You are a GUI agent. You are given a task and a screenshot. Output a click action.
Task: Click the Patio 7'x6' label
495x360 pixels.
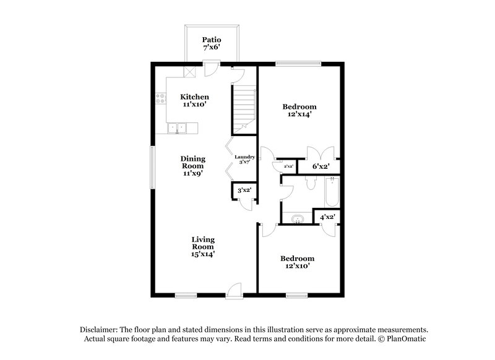point(212,43)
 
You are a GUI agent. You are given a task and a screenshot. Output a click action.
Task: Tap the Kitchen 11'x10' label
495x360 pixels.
point(194,101)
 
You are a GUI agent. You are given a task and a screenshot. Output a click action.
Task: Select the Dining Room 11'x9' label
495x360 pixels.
point(193,166)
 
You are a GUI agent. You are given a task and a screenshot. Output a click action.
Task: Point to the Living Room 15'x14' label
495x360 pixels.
point(203,246)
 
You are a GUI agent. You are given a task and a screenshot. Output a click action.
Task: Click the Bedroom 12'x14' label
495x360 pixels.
point(299,110)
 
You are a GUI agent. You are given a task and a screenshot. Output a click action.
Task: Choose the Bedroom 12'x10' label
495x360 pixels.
point(297,262)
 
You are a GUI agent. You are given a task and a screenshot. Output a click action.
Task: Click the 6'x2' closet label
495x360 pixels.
point(320,166)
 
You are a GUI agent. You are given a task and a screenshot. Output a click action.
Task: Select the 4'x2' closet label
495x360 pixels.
point(327,217)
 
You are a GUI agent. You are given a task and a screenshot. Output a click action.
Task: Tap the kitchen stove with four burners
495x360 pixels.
point(160,97)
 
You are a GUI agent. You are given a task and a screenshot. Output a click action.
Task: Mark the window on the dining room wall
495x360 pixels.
point(152,165)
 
